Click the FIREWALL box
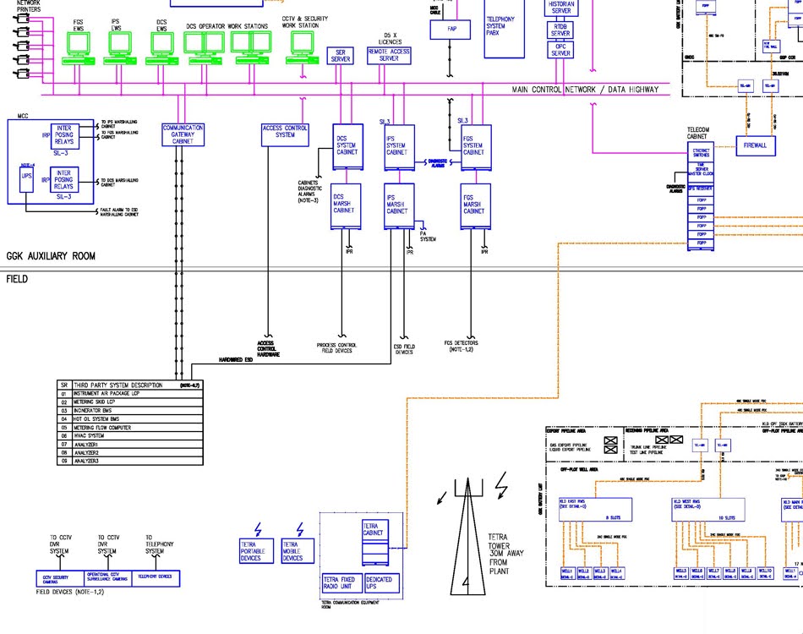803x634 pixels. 755,145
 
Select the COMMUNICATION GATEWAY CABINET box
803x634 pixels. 183,134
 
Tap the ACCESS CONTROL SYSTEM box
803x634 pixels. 285,132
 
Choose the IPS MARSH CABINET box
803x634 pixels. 397,206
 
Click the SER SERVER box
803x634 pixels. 341,56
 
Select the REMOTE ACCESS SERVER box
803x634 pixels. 389,55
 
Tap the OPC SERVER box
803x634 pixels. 561,48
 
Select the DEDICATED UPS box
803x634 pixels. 380,582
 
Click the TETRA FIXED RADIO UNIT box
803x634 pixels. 341,582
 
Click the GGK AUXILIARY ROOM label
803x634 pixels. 51,255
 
